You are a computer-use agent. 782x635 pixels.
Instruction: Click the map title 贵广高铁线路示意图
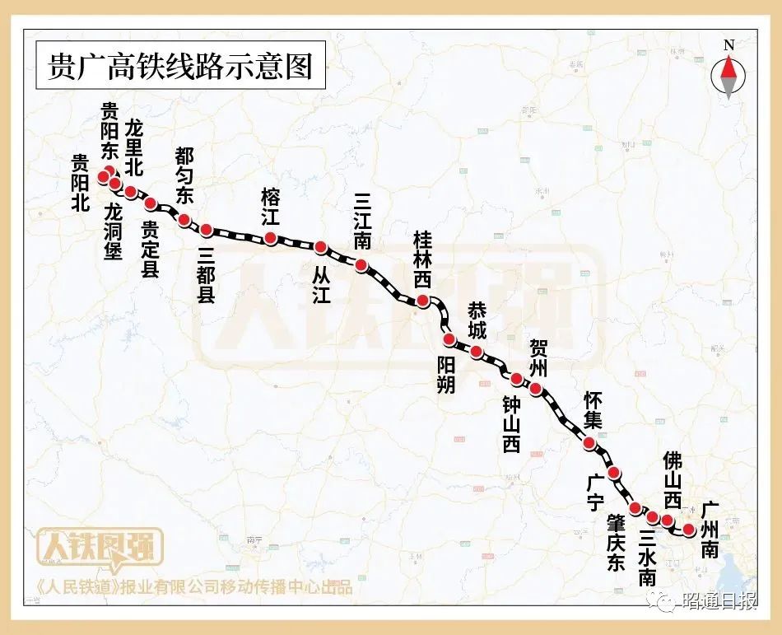pos(182,66)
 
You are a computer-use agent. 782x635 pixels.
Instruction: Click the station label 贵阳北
pos(79,184)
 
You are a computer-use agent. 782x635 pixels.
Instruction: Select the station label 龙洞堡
pos(114,231)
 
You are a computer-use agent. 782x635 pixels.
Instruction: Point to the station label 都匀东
pos(184,175)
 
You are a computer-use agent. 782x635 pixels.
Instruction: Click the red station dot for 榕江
pos(270,238)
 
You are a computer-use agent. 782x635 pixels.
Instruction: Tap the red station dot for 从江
pos(321,247)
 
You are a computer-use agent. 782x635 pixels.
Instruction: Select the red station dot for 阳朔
pos(449,339)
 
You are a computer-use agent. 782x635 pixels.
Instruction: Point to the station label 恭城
pos(477,321)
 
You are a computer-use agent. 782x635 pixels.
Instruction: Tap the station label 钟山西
pos(511,423)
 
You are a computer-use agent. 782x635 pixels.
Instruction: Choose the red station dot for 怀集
pos(589,443)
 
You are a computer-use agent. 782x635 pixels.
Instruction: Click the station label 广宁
pos(594,493)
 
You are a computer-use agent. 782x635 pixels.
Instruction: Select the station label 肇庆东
pos(617,543)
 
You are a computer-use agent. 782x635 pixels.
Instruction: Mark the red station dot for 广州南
pos(689,530)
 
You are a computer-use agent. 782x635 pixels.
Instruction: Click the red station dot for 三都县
pos(207,229)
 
